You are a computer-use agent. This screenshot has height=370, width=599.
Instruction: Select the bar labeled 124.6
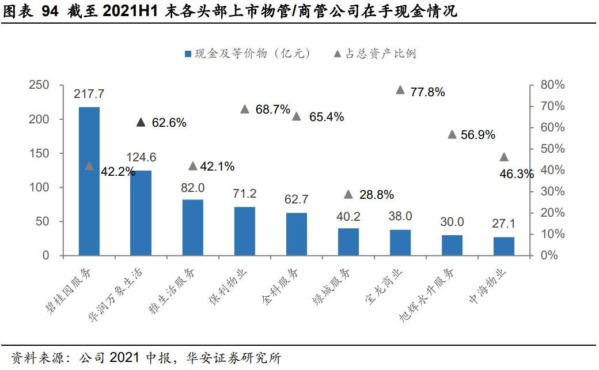(141, 213)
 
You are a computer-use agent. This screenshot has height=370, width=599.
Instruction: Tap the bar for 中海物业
(504, 247)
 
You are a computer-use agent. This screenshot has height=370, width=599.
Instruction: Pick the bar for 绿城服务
(348, 242)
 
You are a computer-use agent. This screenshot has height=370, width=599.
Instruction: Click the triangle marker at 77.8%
(400, 90)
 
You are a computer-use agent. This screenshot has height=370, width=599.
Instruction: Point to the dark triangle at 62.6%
(141, 122)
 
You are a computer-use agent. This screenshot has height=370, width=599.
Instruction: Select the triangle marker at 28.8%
(348, 195)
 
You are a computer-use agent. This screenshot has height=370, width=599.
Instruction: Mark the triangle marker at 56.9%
(452, 135)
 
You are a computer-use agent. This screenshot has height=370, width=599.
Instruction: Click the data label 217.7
(89, 94)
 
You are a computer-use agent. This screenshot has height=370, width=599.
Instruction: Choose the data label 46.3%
(517, 173)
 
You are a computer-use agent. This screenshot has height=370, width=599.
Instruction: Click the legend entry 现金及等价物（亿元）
(248, 54)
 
